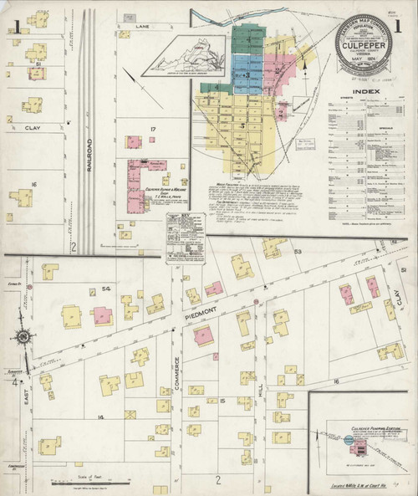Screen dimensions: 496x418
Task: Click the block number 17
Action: coord(153,128)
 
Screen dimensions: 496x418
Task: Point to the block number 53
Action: coord(297,251)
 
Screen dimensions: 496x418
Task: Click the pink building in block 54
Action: coord(102,315)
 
